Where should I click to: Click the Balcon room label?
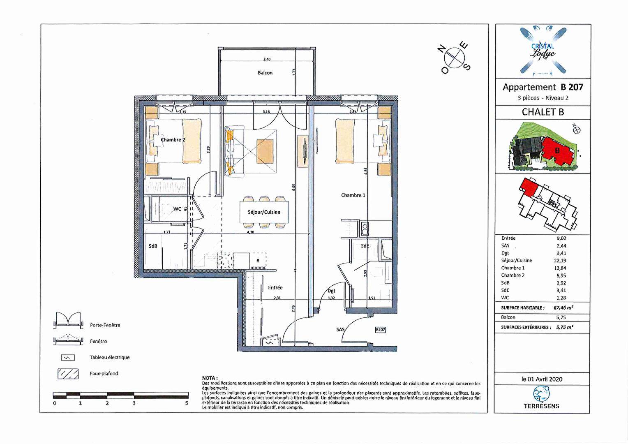(265, 73)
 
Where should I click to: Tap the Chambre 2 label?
(173, 140)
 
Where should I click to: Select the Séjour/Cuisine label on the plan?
(264, 212)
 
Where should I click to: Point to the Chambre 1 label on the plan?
(353, 195)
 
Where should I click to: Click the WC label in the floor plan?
(177, 209)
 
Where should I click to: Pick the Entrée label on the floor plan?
(275, 288)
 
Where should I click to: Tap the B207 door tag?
(380, 329)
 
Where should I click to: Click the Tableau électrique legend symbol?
(68, 358)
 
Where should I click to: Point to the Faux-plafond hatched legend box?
(68, 374)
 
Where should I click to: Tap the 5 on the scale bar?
(187, 403)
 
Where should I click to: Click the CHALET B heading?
(543, 112)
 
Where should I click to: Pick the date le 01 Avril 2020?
(542, 379)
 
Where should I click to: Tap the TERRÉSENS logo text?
(541, 406)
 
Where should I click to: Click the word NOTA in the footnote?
(210, 378)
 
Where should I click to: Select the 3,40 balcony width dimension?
(267, 60)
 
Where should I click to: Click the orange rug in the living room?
(265, 150)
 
